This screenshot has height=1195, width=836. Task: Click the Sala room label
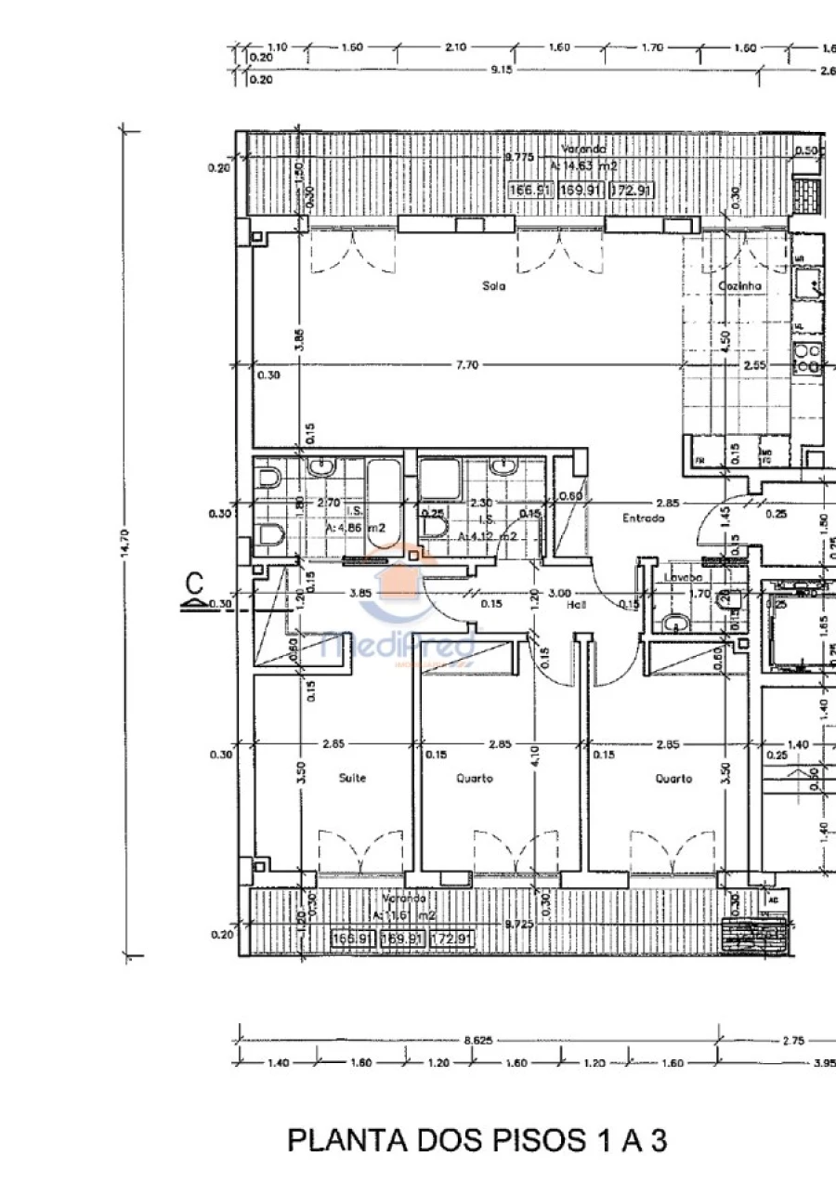493,286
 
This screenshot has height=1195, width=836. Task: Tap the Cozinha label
739,286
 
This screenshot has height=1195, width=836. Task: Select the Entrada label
644,518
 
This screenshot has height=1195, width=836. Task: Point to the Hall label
578,604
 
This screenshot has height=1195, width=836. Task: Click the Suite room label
353,779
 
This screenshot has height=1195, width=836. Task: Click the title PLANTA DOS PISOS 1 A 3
477,1140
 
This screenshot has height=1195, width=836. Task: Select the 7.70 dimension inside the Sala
466,365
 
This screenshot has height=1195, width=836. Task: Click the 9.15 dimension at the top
502,71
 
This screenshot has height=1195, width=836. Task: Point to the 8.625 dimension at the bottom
479,1041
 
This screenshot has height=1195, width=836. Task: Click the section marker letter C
194,584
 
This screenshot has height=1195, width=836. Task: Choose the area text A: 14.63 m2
583,165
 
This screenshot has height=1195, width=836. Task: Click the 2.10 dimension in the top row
455,47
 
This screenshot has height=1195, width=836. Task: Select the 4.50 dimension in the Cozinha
725,339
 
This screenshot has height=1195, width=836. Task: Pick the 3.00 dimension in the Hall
559,593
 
